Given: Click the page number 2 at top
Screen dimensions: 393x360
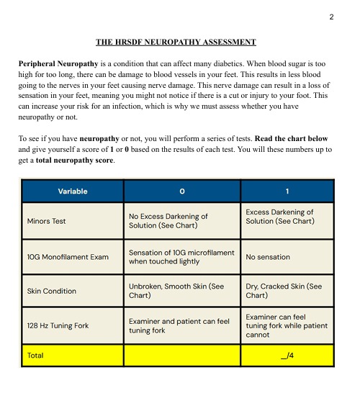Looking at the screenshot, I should pyautogui.click(x=331, y=17).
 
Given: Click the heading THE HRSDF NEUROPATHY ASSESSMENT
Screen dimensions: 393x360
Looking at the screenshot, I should pyautogui.click(x=176, y=42).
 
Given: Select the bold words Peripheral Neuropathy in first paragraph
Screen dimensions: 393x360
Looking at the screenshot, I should pyautogui.click(x=58, y=64).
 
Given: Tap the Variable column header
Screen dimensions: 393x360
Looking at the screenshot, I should pyautogui.click(x=73, y=191).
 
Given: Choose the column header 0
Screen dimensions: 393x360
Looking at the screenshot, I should pyautogui.click(x=183, y=191).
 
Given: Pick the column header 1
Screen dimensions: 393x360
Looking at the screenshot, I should pyautogui.click(x=288, y=191).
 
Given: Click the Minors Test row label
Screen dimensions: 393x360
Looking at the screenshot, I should pyautogui.click(x=46, y=221).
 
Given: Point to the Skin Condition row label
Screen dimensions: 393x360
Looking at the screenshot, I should pyautogui.click(x=51, y=291).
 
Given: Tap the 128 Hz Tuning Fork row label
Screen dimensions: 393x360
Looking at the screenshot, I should pyautogui.click(x=58, y=325).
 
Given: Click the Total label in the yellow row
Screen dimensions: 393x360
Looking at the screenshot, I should pyautogui.click(x=35, y=356).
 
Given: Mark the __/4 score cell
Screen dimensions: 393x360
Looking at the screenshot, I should pyautogui.click(x=287, y=356).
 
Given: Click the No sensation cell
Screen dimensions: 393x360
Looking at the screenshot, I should pyautogui.click(x=268, y=256).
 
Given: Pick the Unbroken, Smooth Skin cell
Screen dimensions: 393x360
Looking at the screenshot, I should pyautogui.click(x=176, y=291).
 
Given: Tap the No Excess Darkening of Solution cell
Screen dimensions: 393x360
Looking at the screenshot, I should pyautogui.click(x=168, y=221).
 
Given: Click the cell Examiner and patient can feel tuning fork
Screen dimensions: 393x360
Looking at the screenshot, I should pyautogui.click(x=179, y=325).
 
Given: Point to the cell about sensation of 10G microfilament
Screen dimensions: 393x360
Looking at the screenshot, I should pyautogui.click(x=181, y=257).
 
